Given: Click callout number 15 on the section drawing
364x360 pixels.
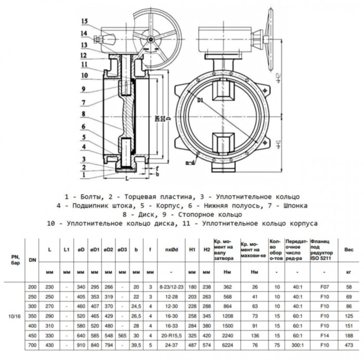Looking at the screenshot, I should point(85,21).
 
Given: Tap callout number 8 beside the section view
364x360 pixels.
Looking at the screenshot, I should point(84,113).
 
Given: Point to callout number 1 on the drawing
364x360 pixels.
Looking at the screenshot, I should point(84,176).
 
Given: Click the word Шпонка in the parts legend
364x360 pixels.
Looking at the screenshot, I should point(293,205).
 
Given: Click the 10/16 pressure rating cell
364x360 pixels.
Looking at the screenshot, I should point(14,316).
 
